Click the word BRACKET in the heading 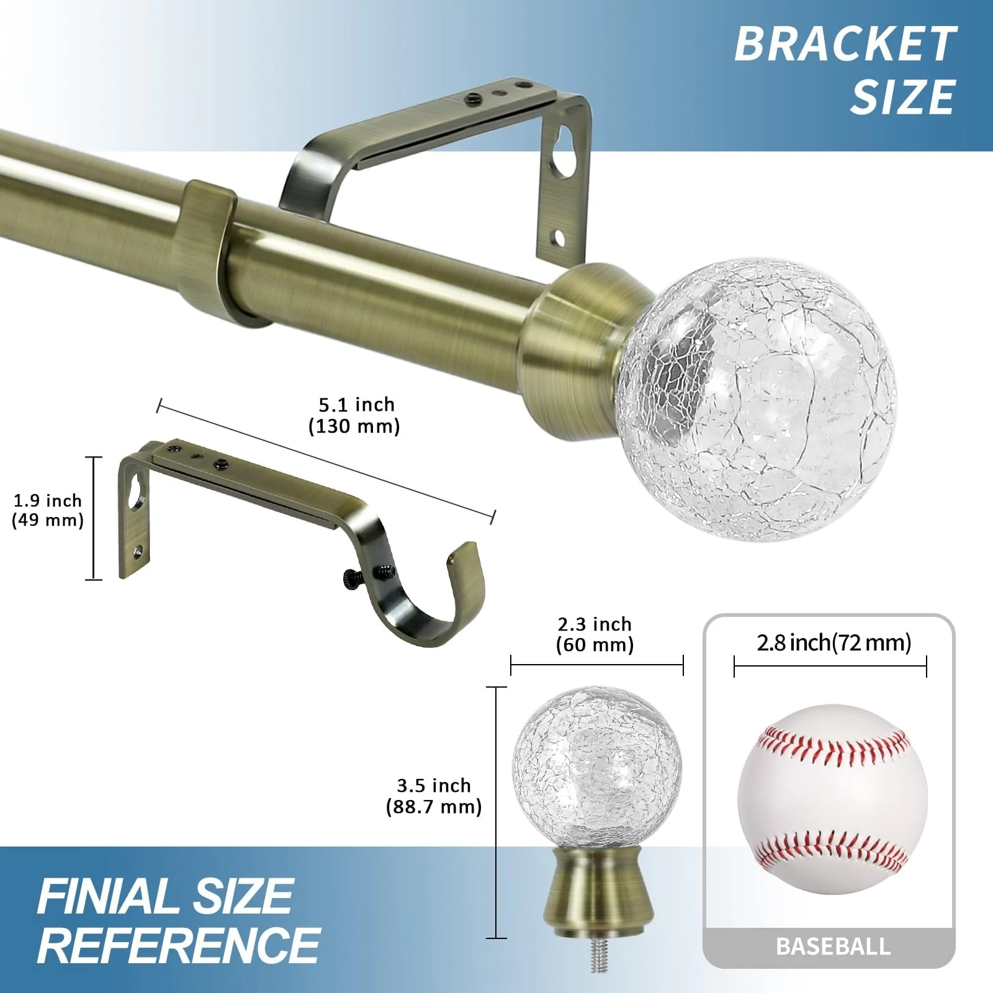(845, 44)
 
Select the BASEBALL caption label (833, 946)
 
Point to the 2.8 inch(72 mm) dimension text (833, 642)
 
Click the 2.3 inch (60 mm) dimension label (595, 634)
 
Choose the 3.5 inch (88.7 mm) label (434, 796)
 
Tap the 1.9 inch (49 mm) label (48, 510)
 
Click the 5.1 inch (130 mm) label (355, 415)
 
